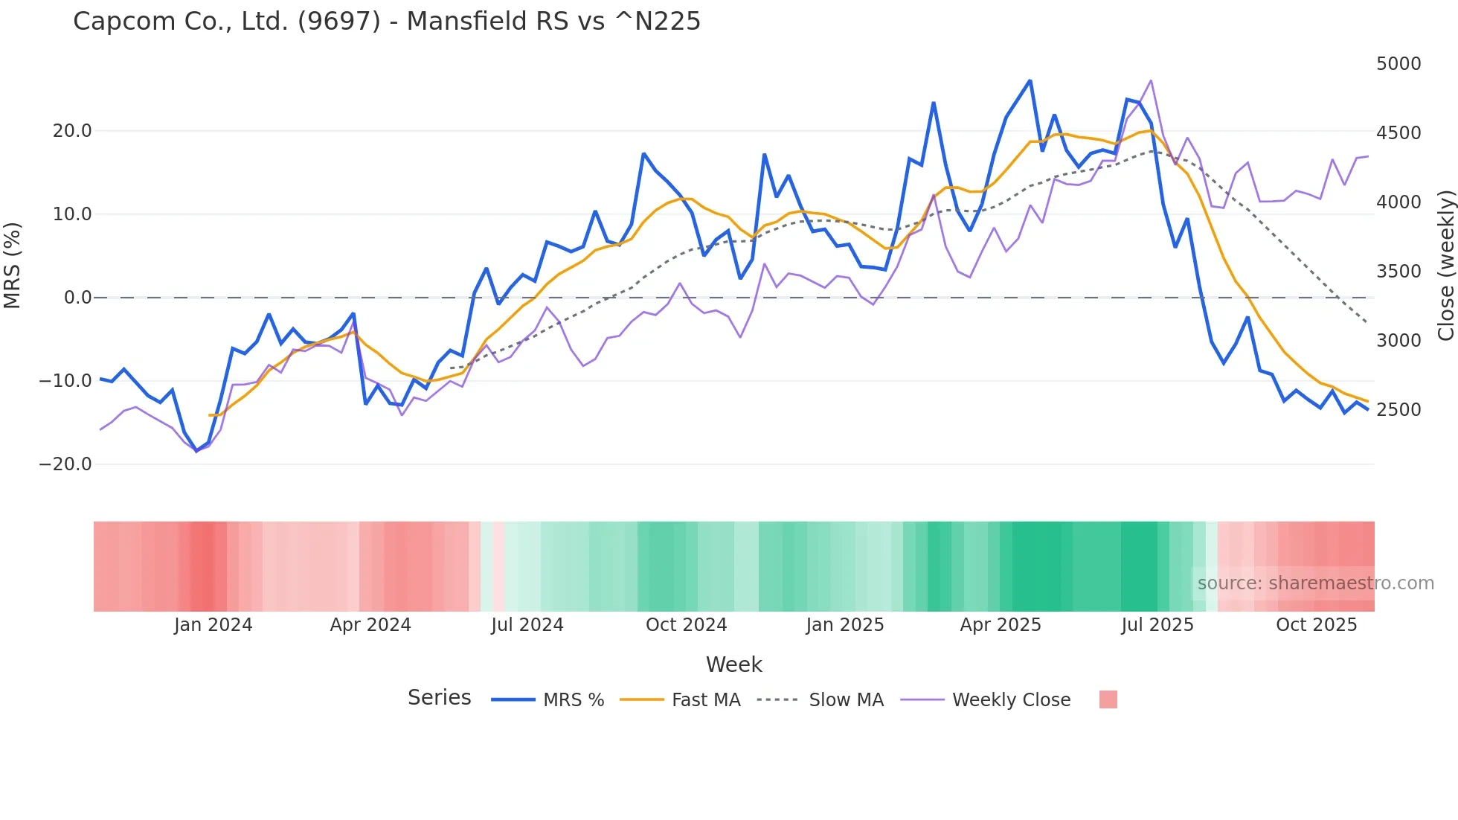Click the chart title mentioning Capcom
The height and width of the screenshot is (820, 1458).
coord(387,22)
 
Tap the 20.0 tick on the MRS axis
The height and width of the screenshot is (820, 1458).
coord(72,131)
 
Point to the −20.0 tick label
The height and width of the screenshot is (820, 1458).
coord(65,464)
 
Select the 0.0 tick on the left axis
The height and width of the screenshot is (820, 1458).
coord(77,298)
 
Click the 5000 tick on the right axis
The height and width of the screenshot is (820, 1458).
coord(1398,64)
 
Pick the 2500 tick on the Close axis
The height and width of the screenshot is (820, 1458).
coord(1398,410)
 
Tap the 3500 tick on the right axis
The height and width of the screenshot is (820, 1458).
coord(1398,272)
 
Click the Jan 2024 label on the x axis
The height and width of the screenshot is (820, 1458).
coord(213,625)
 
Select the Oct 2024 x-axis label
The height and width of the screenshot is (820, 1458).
coord(686,625)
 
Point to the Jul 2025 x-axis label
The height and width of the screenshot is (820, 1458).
coord(1157,625)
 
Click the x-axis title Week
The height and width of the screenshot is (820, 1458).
coord(733,664)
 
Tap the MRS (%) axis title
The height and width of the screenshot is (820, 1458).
coord(13,265)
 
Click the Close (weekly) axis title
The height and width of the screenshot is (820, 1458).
coord(1445,266)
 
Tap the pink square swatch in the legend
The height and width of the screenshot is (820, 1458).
coord(1108,699)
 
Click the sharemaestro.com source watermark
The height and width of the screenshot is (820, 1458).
coord(1315,583)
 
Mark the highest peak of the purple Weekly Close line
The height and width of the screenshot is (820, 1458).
coord(1151,80)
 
